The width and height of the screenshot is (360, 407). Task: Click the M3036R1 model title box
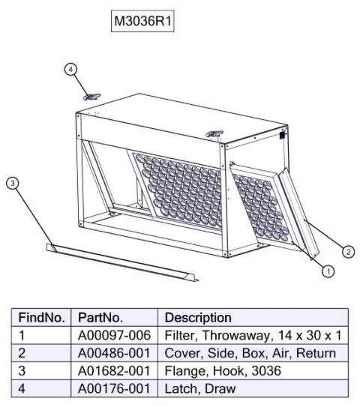tap(142, 21)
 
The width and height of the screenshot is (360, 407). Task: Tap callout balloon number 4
tap(70, 69)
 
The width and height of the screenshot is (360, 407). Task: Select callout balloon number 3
tap(13, 183)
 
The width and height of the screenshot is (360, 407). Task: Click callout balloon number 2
tap(348, 252)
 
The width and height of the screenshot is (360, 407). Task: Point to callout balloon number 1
tap(328, 271)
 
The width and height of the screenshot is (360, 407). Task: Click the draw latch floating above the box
tap(91, 97)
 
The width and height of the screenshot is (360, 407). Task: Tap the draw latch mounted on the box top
tap(214, 134)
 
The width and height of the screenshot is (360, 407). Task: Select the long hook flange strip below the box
tap(122, 262)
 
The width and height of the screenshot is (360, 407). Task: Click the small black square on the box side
tap(282, 136)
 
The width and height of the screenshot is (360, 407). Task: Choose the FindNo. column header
tap(41, 318)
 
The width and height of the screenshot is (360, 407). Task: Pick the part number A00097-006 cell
tap(114, 335)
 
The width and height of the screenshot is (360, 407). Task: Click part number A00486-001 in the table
tap(114, 353)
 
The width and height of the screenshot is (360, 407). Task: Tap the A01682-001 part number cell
tap(114, 371)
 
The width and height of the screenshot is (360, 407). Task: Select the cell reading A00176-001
tap(114, 388)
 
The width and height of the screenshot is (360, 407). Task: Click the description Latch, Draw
tap(200, 388)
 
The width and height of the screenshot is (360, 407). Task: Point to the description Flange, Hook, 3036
tap(223, 371)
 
